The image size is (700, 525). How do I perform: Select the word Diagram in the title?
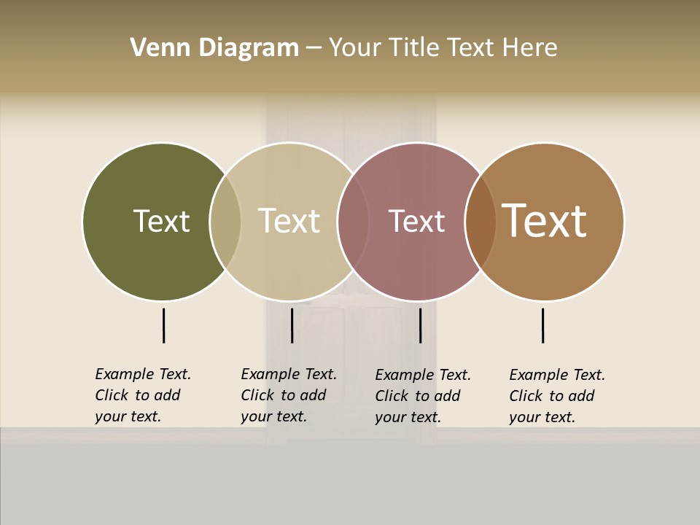249,48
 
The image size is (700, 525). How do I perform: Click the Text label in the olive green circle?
161,221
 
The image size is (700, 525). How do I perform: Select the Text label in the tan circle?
289,221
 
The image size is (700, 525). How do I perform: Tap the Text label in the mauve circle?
416,221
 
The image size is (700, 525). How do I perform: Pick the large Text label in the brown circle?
545,221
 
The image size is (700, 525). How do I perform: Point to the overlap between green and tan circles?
225,222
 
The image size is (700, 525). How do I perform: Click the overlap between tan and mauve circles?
353,222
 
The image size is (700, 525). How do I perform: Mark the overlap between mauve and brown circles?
481,222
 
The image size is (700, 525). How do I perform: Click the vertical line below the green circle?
163,325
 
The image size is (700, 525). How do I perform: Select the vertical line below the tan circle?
292,325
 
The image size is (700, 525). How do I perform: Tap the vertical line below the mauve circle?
420,325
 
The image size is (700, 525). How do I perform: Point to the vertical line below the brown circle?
542,325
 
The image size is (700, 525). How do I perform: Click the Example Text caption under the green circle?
142,395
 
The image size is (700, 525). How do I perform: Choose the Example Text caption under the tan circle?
288,395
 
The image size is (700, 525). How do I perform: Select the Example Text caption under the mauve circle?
422,396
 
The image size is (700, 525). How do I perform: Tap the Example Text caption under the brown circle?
556,396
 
